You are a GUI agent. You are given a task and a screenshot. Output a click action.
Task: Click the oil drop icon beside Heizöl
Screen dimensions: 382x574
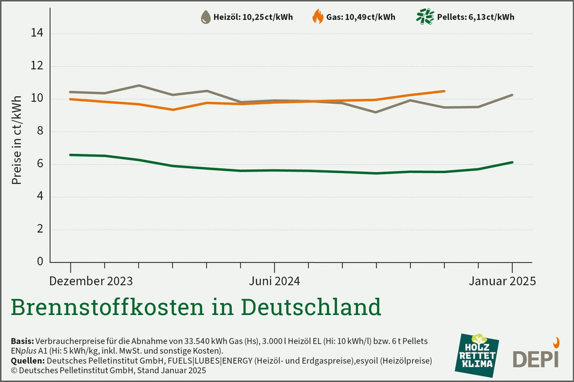[x=205, y=17]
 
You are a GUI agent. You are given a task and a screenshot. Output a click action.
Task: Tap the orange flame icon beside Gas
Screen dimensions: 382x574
[x=317, y=16]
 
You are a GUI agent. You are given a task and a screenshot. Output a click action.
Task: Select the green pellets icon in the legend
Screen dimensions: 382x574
[x=425, y=16]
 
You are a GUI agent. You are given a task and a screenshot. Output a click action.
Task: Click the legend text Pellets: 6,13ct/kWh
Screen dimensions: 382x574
[x=475, y=17]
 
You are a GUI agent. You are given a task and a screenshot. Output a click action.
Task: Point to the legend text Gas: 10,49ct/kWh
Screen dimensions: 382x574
[x=361, y=17]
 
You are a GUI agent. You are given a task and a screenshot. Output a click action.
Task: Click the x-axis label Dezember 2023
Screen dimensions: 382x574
[x=91, y=281]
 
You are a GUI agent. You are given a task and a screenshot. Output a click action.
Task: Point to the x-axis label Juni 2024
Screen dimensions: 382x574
[x=274, y=281]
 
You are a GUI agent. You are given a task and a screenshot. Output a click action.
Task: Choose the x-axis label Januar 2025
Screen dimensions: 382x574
[x=502, y=281]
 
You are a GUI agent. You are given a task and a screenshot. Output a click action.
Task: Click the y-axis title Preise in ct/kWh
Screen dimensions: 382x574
[x=16, y=139]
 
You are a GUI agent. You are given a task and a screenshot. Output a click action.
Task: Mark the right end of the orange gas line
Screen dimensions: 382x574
[x=444, y=91]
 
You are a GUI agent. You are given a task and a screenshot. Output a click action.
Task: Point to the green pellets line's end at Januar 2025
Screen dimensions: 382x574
[x=512, y=162]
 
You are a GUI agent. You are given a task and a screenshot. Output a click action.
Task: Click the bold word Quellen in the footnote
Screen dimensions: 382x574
[x=28, y=361]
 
